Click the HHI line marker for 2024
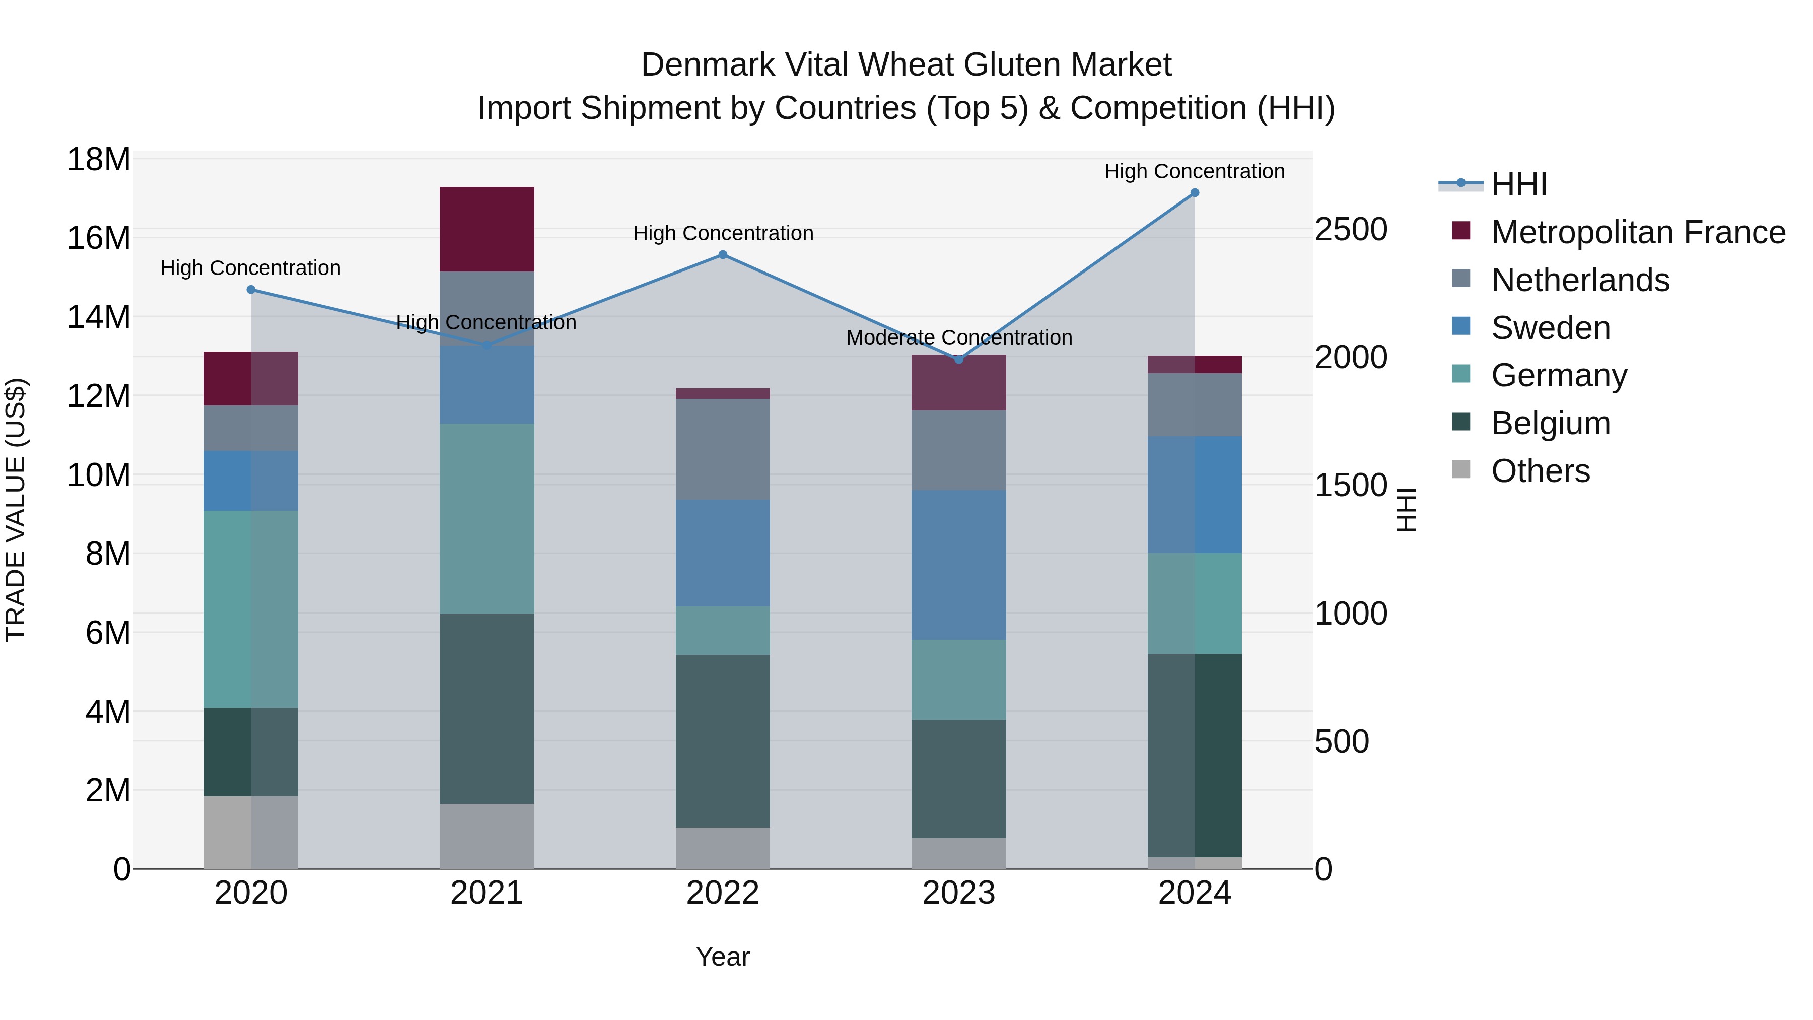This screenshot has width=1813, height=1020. pos(1195,193)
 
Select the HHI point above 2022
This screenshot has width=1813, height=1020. pos(723,255)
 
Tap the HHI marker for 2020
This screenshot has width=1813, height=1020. pos(251,289)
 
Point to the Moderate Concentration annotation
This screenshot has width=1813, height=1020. pos(958,338)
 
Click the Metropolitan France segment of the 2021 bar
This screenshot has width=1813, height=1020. pos(487,229)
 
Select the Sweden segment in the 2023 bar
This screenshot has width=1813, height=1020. pos(958,565)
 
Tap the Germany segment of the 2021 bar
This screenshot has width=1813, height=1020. pos(487,518)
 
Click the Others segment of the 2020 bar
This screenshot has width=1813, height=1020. pos(251,832)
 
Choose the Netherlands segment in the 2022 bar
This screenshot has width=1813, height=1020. pos(723,449)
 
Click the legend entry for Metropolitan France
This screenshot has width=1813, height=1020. pos(1638,232)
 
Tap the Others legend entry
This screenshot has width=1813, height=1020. pos(1540,471)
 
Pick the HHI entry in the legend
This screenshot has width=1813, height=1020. pos(1519,184)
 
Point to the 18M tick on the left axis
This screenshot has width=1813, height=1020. pos(99,160)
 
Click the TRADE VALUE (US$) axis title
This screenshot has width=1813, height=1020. pos(16,510)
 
